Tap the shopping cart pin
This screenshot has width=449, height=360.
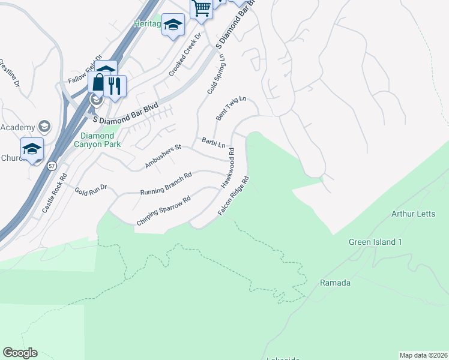[x=202, y=8]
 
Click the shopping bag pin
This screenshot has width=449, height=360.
[x=98, y=84]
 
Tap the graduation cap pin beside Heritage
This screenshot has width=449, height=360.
[x=173, y=25]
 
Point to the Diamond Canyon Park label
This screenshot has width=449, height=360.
[x=97, y=140]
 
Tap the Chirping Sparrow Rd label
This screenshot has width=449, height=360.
[x=163, y=211]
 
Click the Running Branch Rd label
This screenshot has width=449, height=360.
[x=166, y=184]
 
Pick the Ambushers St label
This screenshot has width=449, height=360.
[x=163, y=156]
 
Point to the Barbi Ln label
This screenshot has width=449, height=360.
[x=213, y=144]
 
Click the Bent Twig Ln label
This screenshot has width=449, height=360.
[x=232, y=108]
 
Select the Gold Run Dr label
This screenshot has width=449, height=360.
[x=90, y=190]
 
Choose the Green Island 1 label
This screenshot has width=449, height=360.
[x=375, y=242]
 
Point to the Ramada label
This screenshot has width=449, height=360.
[x=336, y=283]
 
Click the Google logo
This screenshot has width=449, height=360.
[x=20, y=353]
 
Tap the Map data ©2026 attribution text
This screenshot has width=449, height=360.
[x=423, y=355]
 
